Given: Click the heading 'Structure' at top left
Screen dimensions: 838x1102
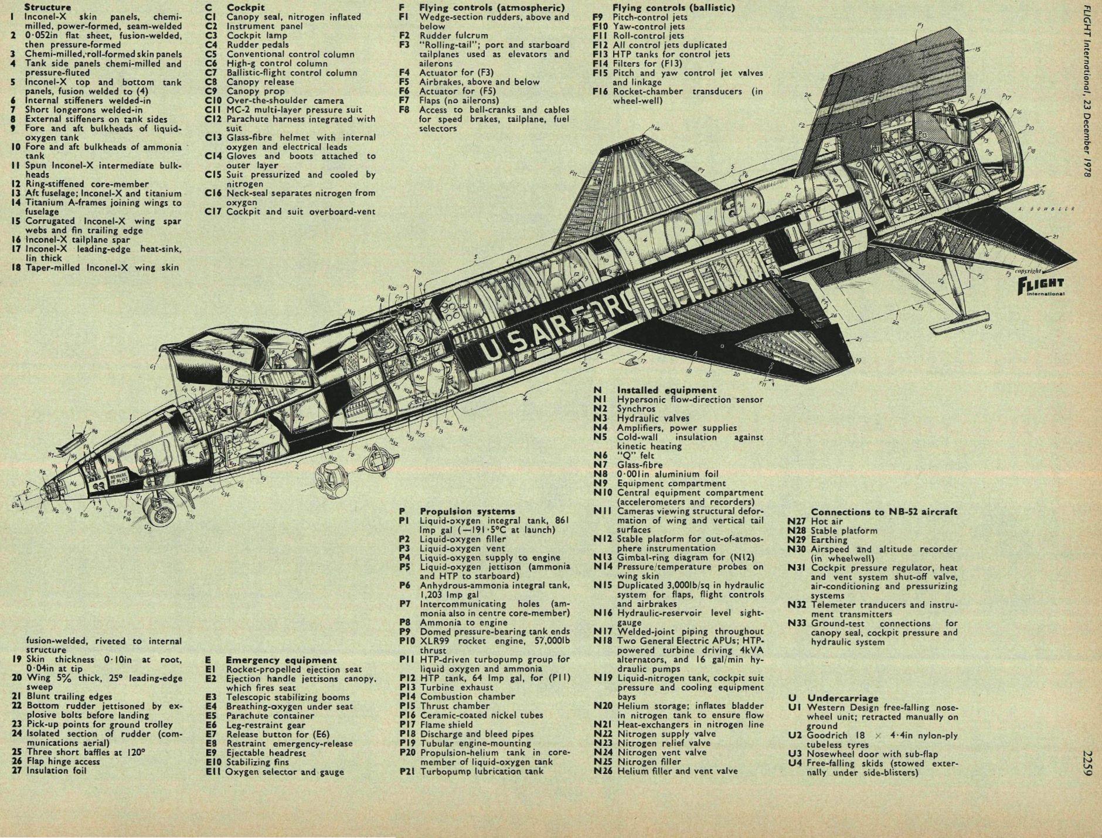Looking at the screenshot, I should coord(47,7).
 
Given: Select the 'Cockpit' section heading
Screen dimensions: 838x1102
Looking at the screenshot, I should coord(246,8).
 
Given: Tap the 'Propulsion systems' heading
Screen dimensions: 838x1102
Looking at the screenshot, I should coord(467,511).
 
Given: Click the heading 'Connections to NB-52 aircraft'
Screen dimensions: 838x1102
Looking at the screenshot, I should coord(884,512).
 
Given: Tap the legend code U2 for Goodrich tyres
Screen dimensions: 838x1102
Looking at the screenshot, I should coord(795,736).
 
